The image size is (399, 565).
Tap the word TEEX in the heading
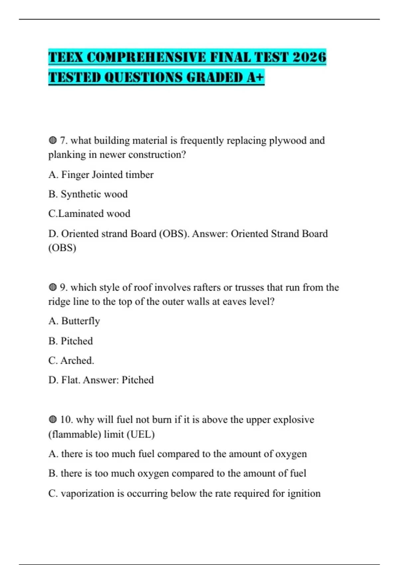pos(66,57)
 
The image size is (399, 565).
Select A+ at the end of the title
pos(255,77)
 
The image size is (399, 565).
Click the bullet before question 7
pos(53,141)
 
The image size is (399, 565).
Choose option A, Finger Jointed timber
pos(101,175)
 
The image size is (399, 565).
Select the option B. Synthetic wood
pos(88,194)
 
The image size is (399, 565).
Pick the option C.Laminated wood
pos(89,214)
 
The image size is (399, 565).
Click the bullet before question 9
pos(53,287)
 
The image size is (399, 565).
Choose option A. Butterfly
pos(74,321)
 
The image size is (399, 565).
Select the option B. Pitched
pos(70,341)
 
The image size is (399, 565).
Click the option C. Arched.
pos(71,361)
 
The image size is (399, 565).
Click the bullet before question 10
pos(53,420)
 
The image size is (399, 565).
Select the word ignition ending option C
pos(304,494)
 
